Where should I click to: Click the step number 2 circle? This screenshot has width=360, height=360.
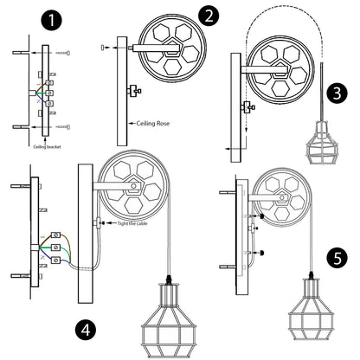(x=209, y=16)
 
